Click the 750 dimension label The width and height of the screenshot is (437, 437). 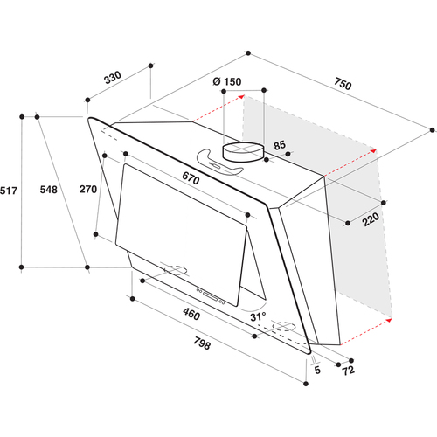tap(343, 84)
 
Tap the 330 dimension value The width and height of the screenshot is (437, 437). tap(113, 77)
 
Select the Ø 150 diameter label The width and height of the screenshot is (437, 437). tap(227, 81)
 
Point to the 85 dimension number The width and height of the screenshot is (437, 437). tap(280, 145)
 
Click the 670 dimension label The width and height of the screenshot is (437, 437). tap(191, 178)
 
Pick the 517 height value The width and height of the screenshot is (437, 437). tap(9, 191)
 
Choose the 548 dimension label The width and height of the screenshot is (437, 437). tap(49, 190)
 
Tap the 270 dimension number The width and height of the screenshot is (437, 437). tap(88, 190)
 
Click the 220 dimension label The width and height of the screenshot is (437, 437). tap(371, 219)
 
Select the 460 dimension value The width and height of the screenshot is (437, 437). tap(191, 314)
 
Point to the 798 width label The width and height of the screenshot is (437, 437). tap(202, 343)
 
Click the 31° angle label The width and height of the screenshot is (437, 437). tap(258, 316)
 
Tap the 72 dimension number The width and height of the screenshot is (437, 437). tap(349, 371)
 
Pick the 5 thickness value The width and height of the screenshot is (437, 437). tap(317, 370)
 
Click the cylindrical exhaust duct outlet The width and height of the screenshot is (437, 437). tap(243, 152)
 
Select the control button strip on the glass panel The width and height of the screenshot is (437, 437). tap(211, 296)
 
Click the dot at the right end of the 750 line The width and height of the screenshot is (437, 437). tap(432, 130)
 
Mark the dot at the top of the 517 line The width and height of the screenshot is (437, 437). tap(22, 117)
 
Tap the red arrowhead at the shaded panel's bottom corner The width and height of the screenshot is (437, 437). tap(389, 321)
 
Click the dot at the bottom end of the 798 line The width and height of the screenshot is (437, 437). tap(306, 384)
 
